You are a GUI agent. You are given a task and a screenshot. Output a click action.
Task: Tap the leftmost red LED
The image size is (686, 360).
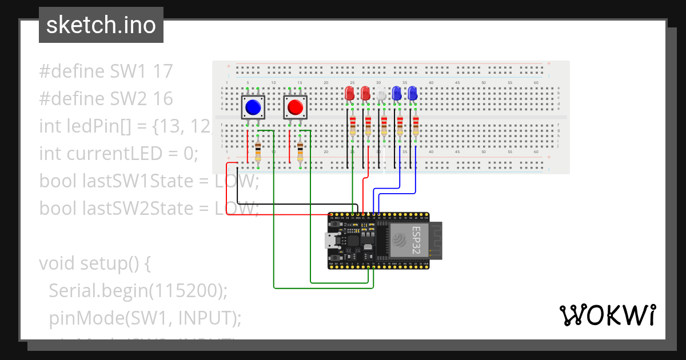pyautogui.click(x=350, y=94)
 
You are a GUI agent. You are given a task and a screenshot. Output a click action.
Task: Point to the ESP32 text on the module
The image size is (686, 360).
pyautogui.click(x=417, y=241)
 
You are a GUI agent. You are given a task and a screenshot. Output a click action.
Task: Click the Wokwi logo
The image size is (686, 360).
pyautogui.click(x=607, y=315)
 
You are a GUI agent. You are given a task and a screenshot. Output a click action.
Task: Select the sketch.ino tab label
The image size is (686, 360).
pyautogui.click(x=101, y=25)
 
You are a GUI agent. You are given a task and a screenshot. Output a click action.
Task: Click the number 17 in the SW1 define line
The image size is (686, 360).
pyautogui.click(x=163, y=71)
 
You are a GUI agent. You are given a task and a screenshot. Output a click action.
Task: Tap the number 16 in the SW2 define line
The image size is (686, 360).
pyautogui.click(x=163, y=99)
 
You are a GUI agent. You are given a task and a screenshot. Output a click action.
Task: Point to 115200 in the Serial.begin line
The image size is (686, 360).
pyautogui.click(x=186, y=291)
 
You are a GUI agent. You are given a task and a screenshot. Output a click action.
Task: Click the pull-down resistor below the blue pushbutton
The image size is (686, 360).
pyautogui.click(x=258, y=153)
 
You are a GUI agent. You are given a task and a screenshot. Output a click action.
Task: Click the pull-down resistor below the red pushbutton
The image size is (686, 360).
pyautogui.click(x=300, y=153)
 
